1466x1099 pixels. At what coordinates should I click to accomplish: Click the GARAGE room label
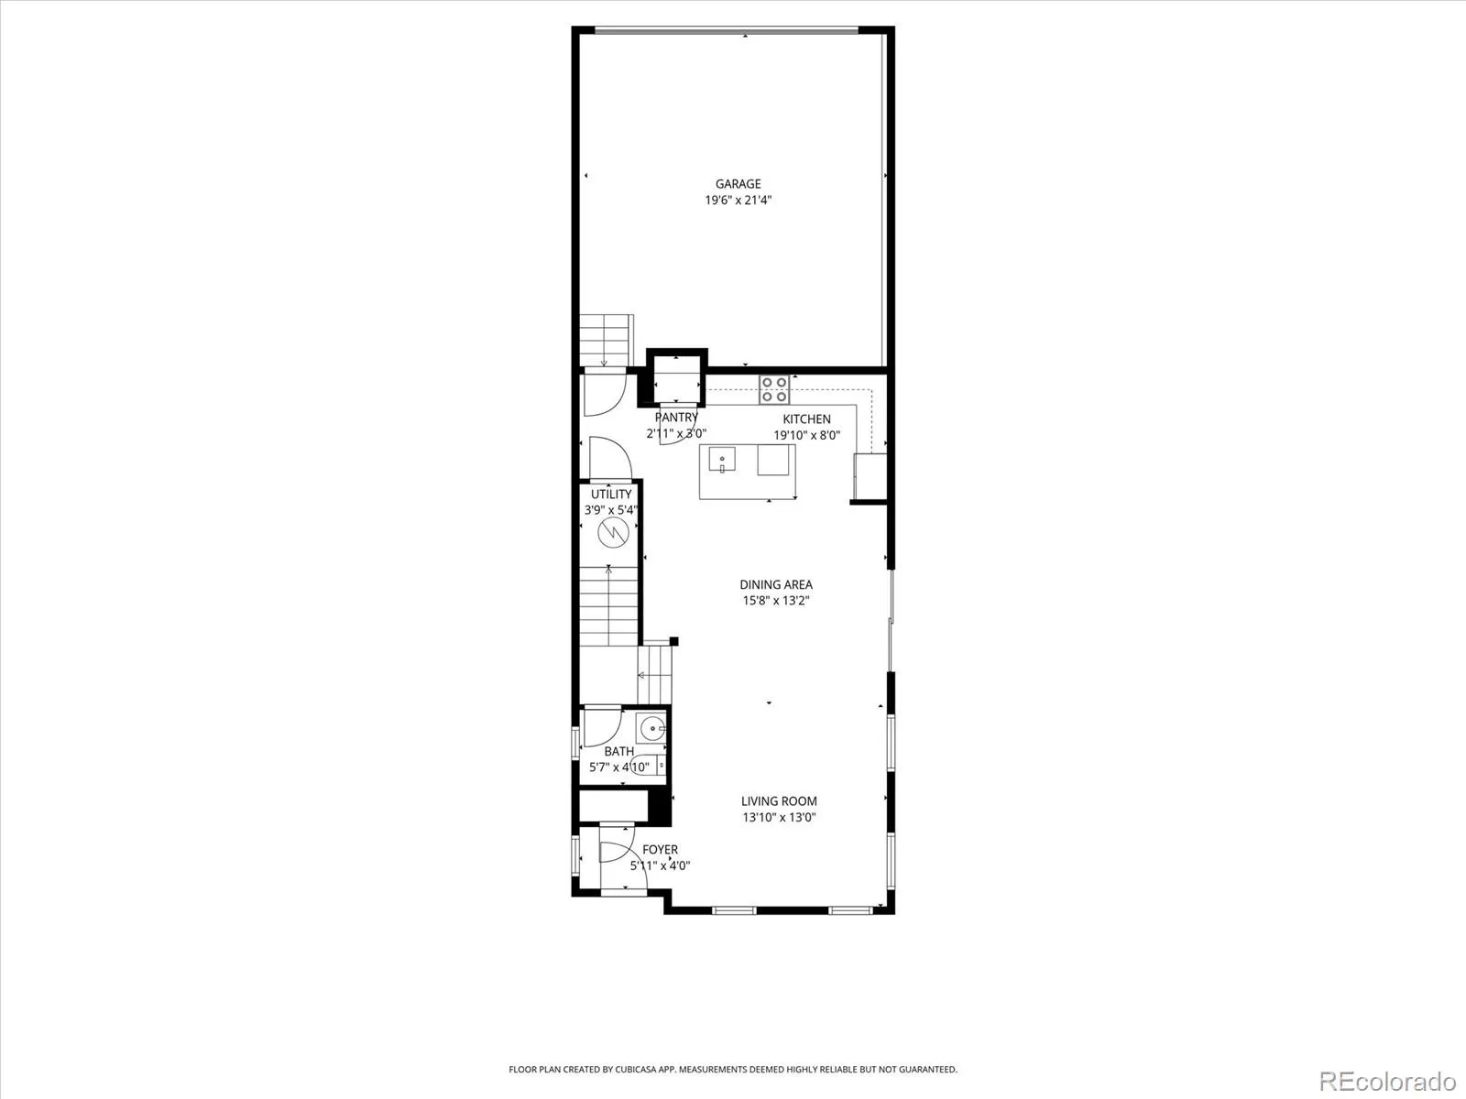click(x=738, y=183)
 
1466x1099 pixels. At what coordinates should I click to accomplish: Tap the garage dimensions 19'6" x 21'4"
click(x=738, y=200)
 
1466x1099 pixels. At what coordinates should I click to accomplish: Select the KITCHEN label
click(x=807, y=419)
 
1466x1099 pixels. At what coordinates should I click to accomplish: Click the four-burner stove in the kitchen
click(x=774, y=389)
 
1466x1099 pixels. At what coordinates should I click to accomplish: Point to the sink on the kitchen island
click(x=722, y=460)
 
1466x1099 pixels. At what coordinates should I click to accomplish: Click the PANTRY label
click(x=676, y=417)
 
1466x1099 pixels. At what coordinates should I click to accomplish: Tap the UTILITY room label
click(x=611, y=494)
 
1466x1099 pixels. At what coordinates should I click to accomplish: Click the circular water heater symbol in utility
click(x=613, y=532)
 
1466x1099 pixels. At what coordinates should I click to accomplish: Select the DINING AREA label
click(x=776, y=584)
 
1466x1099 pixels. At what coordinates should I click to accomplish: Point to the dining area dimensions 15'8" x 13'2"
click(x=776, y=601)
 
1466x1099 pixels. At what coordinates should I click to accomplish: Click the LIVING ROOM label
click(x=779, y=800)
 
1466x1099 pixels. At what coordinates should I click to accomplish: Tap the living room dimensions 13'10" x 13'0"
click(x=779, y=817)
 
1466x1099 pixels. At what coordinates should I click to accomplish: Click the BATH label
click(x=619, y=751)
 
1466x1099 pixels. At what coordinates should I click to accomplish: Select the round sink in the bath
click(x=651, y=728)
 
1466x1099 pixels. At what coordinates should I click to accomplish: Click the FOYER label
click(x=660, y=850)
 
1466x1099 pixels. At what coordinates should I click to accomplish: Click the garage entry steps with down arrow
click(x=606, y=341)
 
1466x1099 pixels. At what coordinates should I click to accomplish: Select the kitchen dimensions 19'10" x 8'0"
click(x=807, y=435)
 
